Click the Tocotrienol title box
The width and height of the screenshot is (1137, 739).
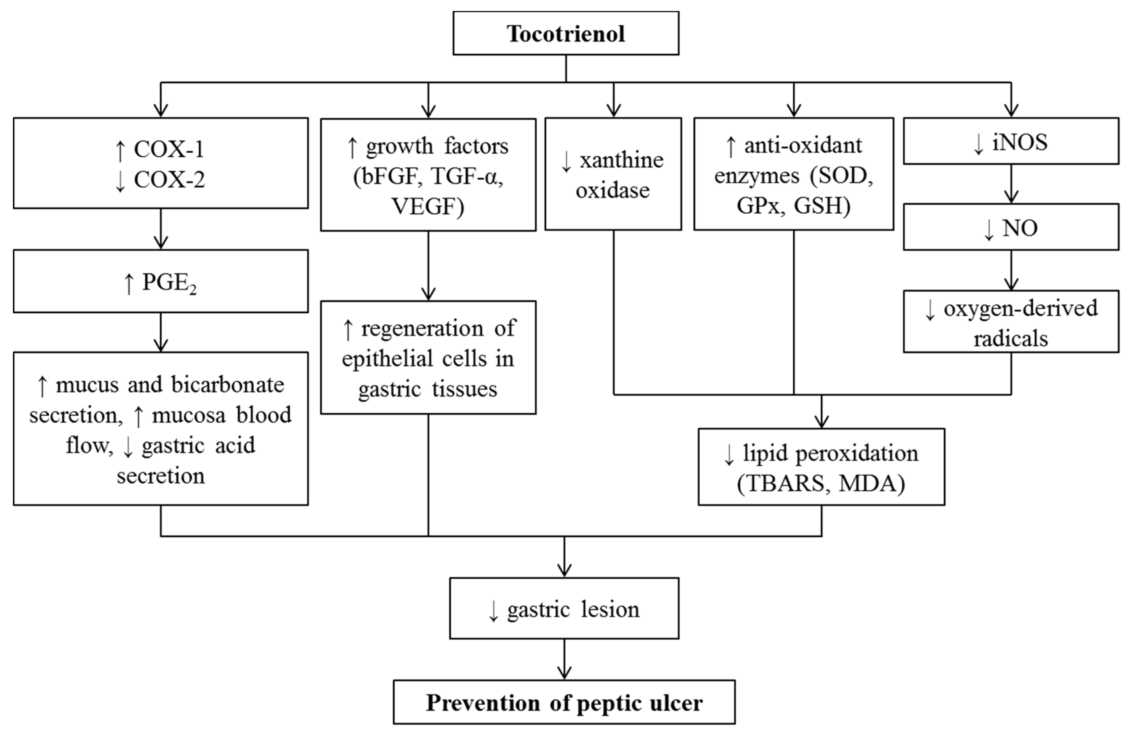(x=566, y=33)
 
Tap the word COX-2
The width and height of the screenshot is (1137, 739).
(x=169, y=180)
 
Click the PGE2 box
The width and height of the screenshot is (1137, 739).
(x=161, y=281)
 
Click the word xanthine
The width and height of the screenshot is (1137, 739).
(x=621, y=160)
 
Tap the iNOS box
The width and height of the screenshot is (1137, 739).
(x=1011, y=141)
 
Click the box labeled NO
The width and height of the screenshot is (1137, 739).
(x=1011, y=228)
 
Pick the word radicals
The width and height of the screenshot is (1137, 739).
(x=1011, y=339)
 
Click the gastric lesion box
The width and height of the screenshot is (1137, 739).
(x=564, y=608)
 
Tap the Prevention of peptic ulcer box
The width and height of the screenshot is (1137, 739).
(x=564, y=703)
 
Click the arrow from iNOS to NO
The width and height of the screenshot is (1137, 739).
(x=1011, y=184)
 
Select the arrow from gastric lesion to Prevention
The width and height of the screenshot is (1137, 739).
(x=564, y=660)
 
